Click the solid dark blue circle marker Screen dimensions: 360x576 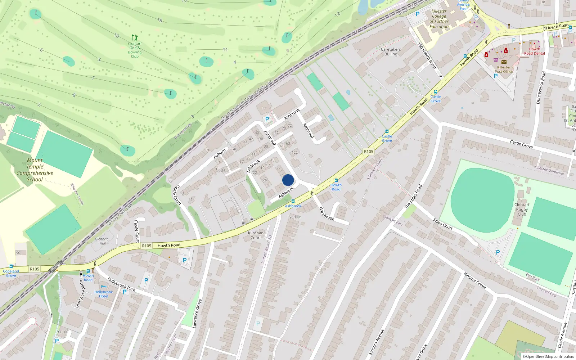[x=288, y=180]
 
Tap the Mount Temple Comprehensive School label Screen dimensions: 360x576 [x=35, y=170]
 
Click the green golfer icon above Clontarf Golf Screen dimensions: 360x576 [x=135, y=37]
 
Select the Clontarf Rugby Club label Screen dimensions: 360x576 [x=522, y=209]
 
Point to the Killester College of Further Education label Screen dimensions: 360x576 [x=439, y=19]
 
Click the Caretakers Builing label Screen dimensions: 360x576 [x=391, y=52]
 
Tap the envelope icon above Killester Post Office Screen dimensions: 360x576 [x=504, y=62]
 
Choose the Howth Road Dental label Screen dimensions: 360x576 [x=534, y=51]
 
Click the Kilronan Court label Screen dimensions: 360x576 [x=256, y=235]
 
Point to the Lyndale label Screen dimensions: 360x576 [x=294, y=217]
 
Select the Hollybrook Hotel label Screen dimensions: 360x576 [x=103, y=294]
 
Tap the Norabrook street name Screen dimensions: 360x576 [x=327, y=213]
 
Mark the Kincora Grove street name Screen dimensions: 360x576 [x=474, y=281]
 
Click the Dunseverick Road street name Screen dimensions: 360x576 [x=541, y=87]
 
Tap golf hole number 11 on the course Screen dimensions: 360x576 [x=225, y=50]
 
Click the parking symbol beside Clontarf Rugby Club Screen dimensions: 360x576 [x=498, y=252]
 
